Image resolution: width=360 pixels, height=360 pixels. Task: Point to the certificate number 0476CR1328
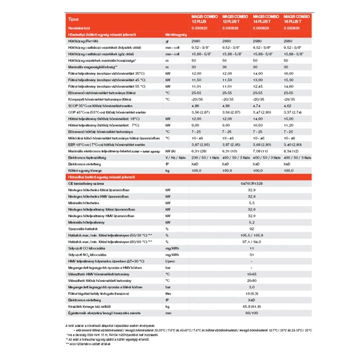tap(251, 184)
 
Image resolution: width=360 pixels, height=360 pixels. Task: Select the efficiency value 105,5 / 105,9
tap(251, 234)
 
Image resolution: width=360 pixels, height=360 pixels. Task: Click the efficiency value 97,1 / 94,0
tap(251, 241)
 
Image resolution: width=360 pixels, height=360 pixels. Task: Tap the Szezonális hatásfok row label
tap(83, 228)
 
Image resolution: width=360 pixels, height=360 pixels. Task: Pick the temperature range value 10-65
tap(251, 274)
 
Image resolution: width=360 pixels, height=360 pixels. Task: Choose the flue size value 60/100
tap(251, 312)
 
